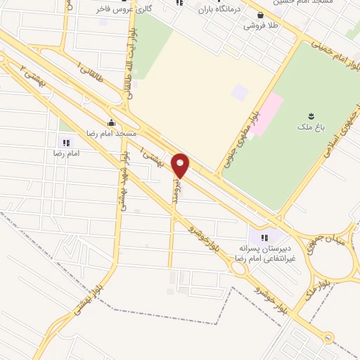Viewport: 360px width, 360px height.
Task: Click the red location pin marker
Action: [181, 166]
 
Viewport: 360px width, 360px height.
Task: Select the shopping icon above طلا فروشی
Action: [261, 14]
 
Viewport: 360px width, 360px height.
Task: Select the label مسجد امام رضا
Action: [116, 133]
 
